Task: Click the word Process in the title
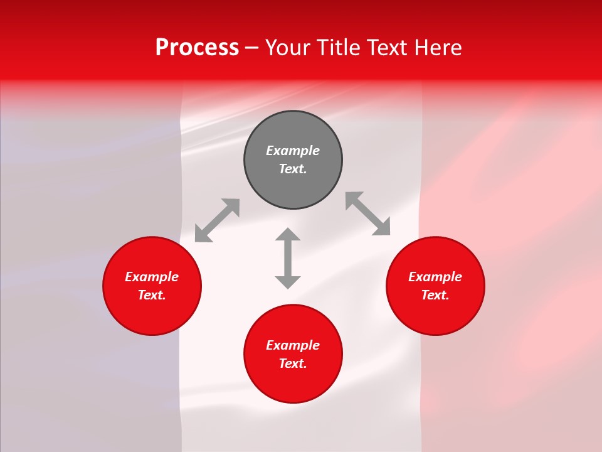coord(197,48)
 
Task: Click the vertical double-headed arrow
coord(288,258)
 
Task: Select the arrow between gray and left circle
coord(217,220)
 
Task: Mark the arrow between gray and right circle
coord(368,213)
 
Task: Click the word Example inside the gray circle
coord(293,151)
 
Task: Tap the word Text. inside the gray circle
coord(293,169)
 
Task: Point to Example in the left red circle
coord(152,277)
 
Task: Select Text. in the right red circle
coord(435,295)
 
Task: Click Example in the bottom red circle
coord(293,345)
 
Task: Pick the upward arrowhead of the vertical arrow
coord(288,234)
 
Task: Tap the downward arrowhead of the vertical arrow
coord(288,282)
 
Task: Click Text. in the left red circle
coord(152,295)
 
